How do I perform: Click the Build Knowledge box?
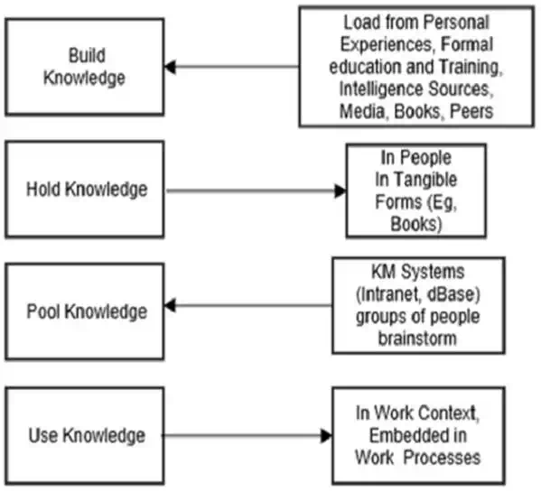pyautogui.click(x=85, y=67)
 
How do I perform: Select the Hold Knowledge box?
pyautogui.click(x=85, y=190)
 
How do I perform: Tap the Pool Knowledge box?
pyautogui.click(x=85, y=311)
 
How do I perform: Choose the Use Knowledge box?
pyautogui.click(x=85, y=435)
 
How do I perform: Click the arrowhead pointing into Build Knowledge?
pyautogui.click(x=170, y=67)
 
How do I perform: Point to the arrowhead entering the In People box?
pyautogui.click(x=340, y=190)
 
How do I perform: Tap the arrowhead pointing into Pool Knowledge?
pyautogui.click(x=170, y=305)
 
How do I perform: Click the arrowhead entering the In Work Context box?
pyautogui.click(x=326, y=435)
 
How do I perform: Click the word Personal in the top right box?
pyautogui.click(x=456, y=22)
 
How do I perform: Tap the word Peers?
pyautogui.click(x=471, y=111)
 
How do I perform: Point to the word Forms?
pyautogui.click(x=398, y=201)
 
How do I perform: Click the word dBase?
pyautogui.click(x=453, y=293)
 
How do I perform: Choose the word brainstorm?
pyautogui.click(x=417, y=339)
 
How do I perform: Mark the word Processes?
pyautogui.click(x=442, y=458)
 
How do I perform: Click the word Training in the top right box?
pyautogui.click(x=471, y=67)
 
